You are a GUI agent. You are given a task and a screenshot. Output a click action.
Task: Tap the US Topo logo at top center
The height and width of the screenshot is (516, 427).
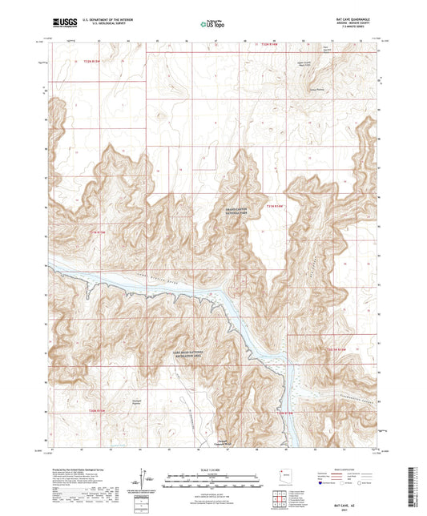coord(212,24)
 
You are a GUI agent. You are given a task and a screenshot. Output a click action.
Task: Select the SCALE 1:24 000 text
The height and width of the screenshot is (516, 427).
coord(212,469)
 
